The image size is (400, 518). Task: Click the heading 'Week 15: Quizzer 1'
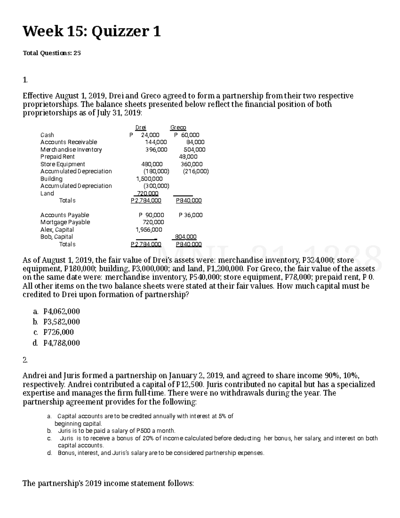[91, 32]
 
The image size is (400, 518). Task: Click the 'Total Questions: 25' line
[52, 53]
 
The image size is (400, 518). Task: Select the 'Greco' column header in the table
[178, 127]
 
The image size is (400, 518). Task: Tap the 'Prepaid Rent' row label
[57, 157]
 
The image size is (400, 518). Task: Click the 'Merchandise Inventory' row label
[71, 149]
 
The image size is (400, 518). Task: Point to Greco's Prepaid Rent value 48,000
[188, 157]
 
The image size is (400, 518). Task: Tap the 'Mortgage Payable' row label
[65, 222]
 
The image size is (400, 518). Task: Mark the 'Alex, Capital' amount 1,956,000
[149, 229]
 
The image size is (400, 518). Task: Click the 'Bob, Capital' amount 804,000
[186, 237]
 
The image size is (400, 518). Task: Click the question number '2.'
[25, 360]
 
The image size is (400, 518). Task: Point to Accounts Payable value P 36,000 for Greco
[190, 215]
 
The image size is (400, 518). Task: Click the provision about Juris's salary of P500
[116, 431]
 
